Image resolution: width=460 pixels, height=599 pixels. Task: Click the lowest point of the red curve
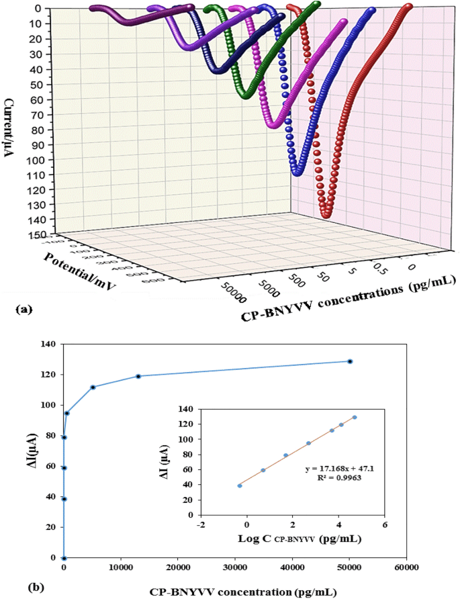pos(327,216)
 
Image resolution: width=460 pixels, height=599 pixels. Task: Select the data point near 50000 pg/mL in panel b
pos(350,361)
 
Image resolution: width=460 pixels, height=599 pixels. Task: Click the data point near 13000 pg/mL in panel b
pos(138,376)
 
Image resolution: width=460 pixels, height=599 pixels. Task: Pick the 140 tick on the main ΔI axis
pos(48,344)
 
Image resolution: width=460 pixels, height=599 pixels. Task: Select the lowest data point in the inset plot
pos(240,486)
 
